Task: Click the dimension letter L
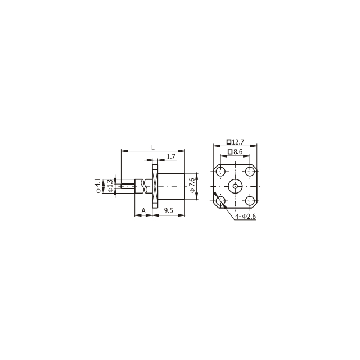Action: pyautogui.click(x=153, y=147)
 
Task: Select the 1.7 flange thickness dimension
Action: pyautogui.click(x=171, y=156)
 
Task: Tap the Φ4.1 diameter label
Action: pyautogui.click(x=98, y=186)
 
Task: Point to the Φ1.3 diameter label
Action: pyautogui.click(x=110, y=186)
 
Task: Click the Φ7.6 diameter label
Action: pyautogui.click(x=192, y=185)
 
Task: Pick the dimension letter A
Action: pyautogui.click(x=143, y=210)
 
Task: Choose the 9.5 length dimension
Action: pyautogui.click(x=169, y=210)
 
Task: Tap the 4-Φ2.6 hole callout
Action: pyautogui.click(x=245, y=216)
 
